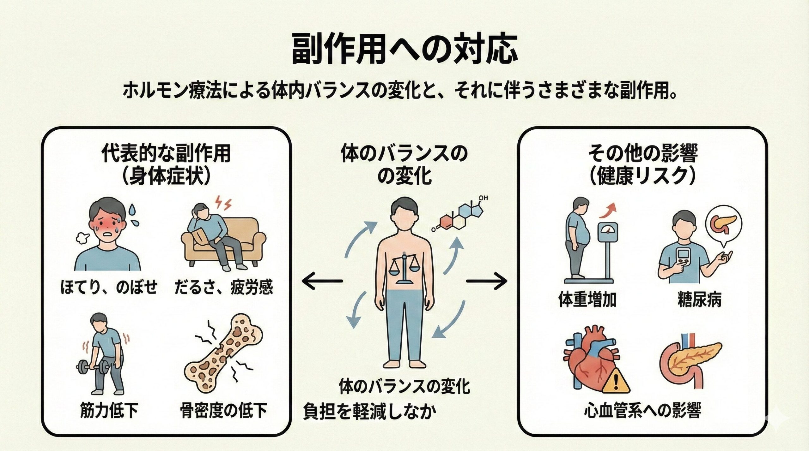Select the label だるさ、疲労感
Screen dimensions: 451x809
coord(223,288)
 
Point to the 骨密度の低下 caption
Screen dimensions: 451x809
coord(223,410)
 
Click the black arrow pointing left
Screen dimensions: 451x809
coord(322,281)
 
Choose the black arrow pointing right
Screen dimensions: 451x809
coord(487,281)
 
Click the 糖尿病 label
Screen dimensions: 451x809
coord(699,300)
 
